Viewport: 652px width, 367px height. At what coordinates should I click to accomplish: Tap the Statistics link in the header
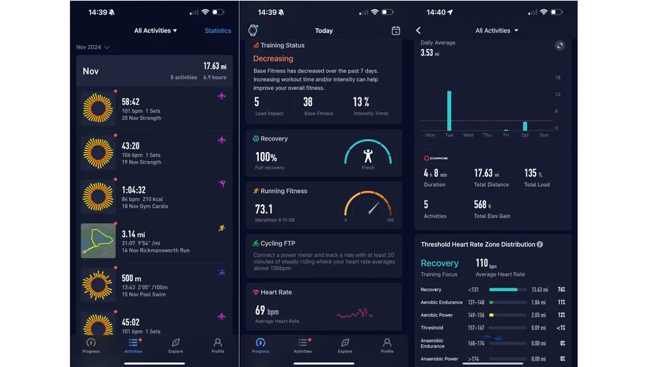(218, 31)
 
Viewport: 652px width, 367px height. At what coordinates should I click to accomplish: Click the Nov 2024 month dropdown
(93, 48)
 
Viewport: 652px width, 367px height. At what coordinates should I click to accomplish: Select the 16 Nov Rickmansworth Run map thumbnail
(98, 241)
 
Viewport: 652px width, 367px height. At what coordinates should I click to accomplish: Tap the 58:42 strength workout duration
(130, 101)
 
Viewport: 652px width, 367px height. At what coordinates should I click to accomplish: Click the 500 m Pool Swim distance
(131, 278)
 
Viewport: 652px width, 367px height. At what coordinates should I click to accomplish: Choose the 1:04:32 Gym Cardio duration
(133, 190)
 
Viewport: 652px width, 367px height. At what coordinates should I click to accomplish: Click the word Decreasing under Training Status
(273, 59)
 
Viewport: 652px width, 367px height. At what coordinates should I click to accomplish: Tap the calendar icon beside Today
(396, 31)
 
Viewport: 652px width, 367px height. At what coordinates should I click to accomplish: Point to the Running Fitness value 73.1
(263, 209)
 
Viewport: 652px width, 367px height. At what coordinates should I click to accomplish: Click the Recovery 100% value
(266, 157)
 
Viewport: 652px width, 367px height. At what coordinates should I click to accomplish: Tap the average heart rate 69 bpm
(266, 311)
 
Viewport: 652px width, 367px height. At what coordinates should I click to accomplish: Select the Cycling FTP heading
(278, 243)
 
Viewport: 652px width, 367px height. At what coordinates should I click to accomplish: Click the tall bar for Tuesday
(449, 111)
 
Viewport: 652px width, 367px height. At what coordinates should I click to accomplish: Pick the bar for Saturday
(525, 126)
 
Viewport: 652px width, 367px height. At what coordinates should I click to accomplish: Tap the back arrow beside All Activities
(418, 31)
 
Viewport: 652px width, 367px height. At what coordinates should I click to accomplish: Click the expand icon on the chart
(559, 46)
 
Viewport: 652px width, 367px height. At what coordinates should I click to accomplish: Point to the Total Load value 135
(530, 173)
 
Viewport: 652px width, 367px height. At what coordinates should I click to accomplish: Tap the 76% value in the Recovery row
(561, 290)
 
